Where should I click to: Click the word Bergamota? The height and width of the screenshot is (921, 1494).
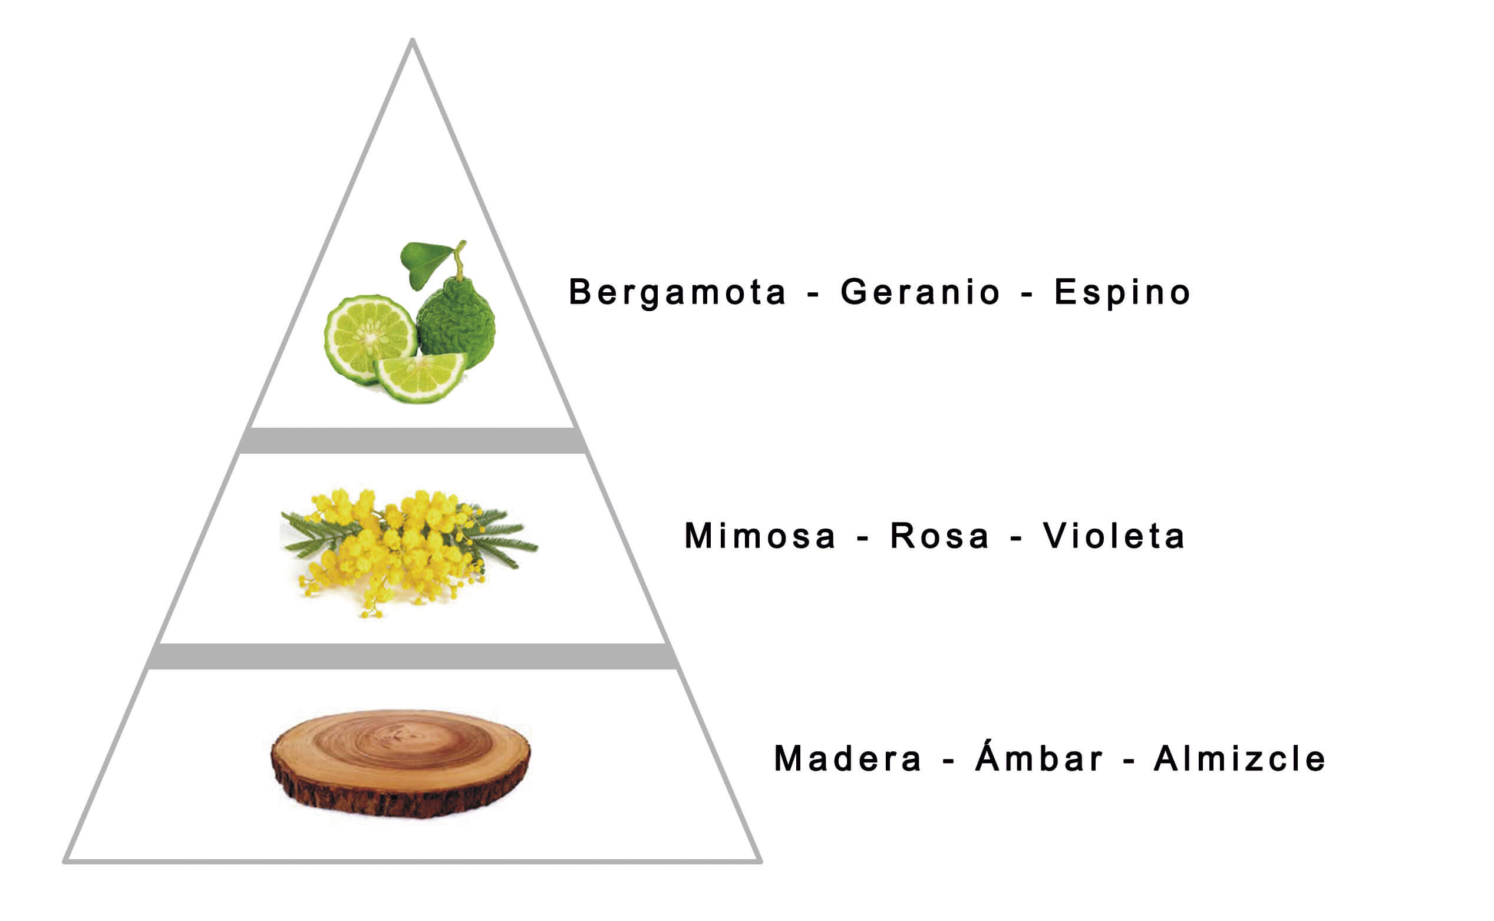point(677,292)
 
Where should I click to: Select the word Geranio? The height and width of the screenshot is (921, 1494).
point(921,292)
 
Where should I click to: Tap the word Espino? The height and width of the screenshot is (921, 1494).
point(1123,292)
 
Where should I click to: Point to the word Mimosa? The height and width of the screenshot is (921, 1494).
point(760,536)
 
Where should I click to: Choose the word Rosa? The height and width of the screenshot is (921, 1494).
point(939,536)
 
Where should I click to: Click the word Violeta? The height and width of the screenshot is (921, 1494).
point(1114,536)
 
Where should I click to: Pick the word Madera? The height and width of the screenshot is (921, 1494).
point(848,759)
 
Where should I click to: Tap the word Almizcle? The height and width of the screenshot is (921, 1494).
point(1240,759)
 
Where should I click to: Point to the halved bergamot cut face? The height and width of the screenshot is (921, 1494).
point(370,339)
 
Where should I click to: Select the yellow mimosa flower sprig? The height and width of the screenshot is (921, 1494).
point(408,552)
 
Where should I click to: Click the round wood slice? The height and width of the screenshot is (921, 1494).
point(400,762)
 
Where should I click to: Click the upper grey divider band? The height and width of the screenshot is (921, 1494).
point(413,440)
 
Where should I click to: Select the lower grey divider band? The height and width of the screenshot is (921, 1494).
point(413,656)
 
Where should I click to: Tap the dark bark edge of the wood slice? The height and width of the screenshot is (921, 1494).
point(400,792)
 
